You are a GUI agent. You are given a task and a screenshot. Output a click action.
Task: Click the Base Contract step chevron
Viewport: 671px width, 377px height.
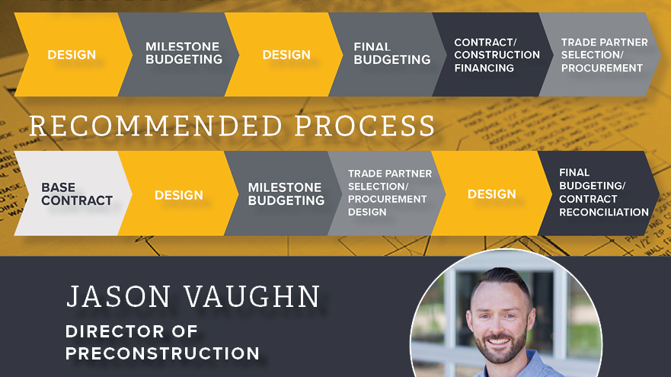pyautogui.click(x=73, y=193)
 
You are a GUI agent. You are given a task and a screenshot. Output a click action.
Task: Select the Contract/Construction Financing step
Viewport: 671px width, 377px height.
pyautogui.click(x=492, y=54)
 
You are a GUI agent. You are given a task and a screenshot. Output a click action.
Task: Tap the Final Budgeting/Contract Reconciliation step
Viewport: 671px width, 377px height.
pyautogui.click(x=599, y=193)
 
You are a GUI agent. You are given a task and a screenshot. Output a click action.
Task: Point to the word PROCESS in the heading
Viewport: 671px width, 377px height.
pyautogui.click(x=365, y=126)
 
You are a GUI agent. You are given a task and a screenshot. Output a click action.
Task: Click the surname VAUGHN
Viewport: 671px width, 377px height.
pyautogui.click(x=252, y=296)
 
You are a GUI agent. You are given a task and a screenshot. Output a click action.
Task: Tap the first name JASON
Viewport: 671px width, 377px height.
pyautogui.click(x=119, y=296)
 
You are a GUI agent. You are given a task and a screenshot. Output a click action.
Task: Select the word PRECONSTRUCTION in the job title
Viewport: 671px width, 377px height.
pyautogui.click(x=162, y=353)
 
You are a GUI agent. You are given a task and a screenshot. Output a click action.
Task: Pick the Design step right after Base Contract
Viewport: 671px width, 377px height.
pyautogui.click(x=178, y=193)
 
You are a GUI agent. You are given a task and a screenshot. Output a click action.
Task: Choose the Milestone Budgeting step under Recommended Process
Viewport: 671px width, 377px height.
pyautogui.click(x=283, y=193)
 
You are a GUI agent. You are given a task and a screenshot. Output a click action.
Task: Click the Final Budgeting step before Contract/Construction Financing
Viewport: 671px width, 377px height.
pyautogui.click(x=387, y=54)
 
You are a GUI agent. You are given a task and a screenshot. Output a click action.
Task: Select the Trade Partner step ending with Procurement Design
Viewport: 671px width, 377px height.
pyautogui.click(x=387, y=193)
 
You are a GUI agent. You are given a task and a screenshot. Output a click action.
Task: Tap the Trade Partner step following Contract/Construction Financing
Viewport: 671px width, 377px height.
pyautogui.click(x=599, y=54)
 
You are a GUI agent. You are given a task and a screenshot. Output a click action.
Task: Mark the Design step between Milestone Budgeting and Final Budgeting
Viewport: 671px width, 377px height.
pyautogui.click(x=285, y=54)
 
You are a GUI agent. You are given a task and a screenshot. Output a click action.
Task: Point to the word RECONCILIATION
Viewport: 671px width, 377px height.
pyautogui.click(x=604, y=212)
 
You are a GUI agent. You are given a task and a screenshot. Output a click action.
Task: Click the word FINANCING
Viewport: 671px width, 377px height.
pyautogui.click(x=484, y=68)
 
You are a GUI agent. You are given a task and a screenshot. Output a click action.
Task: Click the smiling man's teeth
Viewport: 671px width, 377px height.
pyautogui.click(x=499, y=341)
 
